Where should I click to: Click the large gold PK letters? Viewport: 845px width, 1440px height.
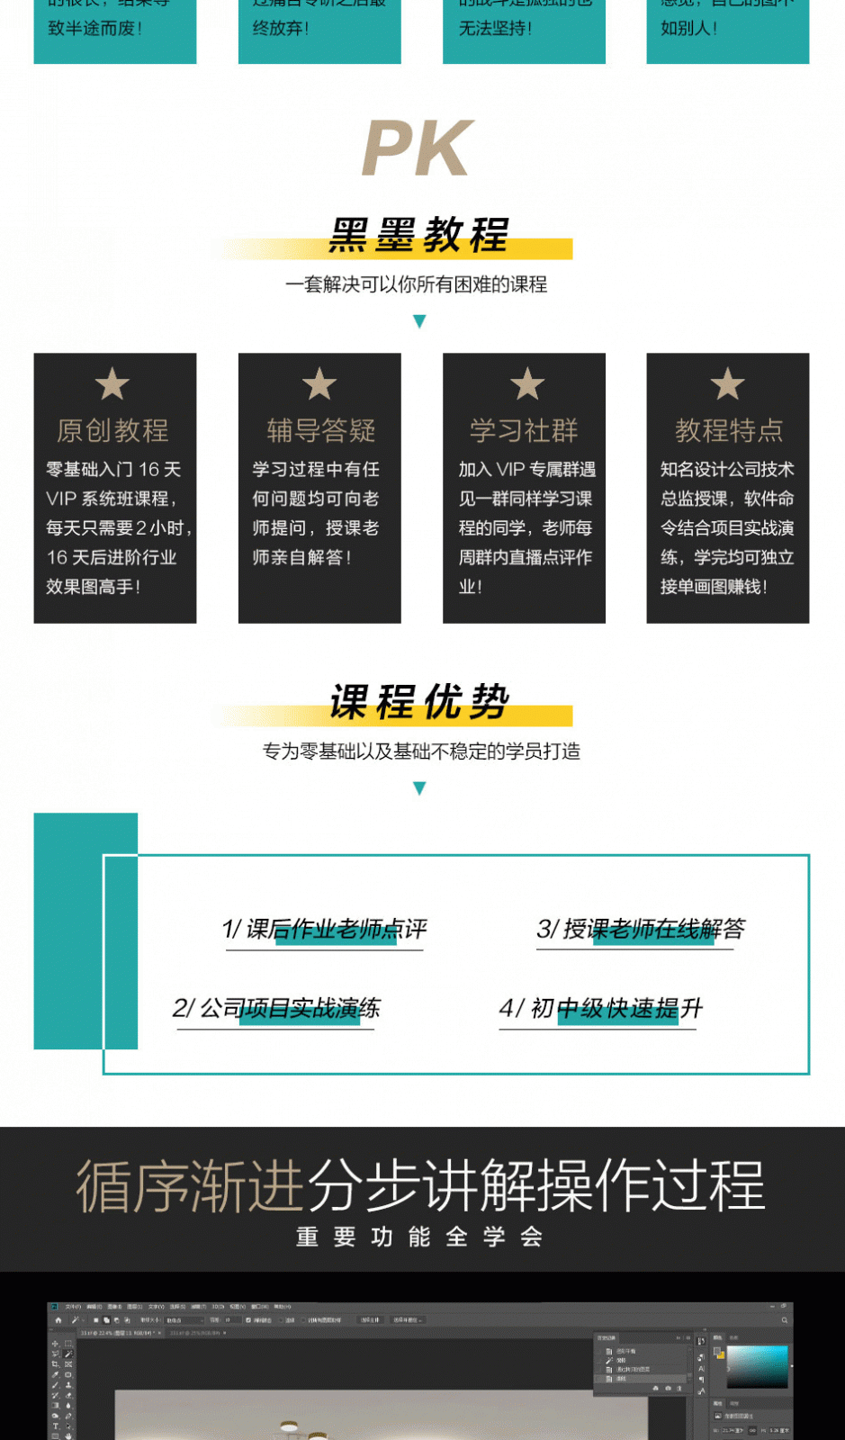pos(418,148)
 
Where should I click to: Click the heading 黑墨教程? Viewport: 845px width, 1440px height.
pos(419,236)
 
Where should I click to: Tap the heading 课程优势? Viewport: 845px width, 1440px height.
pos(419,702)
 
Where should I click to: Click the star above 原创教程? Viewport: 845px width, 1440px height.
pos(112,384)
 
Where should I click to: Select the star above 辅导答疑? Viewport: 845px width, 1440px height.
pos(319,384)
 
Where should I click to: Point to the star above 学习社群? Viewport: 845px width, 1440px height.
pos(527,384)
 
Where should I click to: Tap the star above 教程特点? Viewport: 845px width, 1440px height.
pos(727,384)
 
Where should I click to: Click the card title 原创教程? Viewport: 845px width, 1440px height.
pos(112,430)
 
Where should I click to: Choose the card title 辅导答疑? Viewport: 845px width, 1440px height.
pos(320,430)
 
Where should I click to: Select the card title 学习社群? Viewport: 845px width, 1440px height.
pos(524,430)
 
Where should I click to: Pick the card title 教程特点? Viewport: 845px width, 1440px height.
pos(728,430)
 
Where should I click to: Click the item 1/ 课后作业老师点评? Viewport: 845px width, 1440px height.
pos(324,929)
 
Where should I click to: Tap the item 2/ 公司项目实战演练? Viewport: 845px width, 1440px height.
pos(276,1008)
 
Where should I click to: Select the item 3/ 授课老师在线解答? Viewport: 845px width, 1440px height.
pos(641,929)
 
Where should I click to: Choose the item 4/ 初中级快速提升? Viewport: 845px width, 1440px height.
pos(600,1008)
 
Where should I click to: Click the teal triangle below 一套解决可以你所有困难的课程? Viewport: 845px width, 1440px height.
pos(419,321)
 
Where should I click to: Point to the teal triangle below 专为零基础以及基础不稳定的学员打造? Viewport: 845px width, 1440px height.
pos(419,788)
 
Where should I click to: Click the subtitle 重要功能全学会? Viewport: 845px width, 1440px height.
pos(419,1237)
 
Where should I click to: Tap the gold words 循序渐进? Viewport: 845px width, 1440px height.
pos(190,1186)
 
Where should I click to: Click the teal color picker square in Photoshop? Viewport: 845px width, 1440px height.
pos(757,1366)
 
